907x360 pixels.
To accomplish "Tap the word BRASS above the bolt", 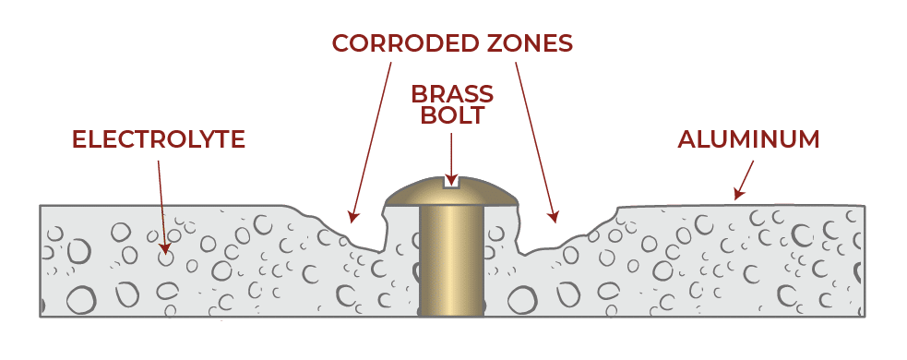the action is (x=452, y=93).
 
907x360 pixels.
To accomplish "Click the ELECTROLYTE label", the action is (x=158, y=139).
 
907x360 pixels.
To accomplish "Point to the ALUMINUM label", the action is (x=748, y=139).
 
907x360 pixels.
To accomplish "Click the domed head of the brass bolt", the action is (x=452, y=191).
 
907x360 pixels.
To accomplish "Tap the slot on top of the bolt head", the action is (x=451, y=183).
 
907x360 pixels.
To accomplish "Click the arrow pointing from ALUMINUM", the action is (x=745, y=179).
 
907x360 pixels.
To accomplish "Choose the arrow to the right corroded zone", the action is (x=535, y=138).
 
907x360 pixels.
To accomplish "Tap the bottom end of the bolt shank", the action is (x=451, y=312).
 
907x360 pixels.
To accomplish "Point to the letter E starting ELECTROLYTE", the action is (x=78, y=139).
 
